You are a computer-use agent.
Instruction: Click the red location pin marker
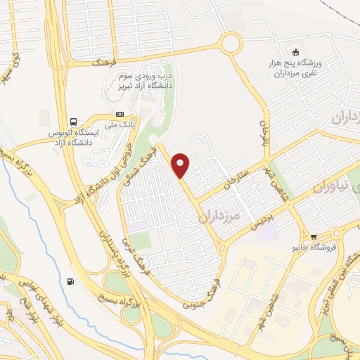click(181, 165)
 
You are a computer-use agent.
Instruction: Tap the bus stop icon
click(74, 120)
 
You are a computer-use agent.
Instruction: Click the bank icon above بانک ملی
click(120, 114)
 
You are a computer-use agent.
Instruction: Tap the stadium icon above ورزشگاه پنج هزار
click(295, 52)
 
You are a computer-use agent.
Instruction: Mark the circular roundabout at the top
click(230, 44)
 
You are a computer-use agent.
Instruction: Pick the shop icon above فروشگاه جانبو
click(313, 237)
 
